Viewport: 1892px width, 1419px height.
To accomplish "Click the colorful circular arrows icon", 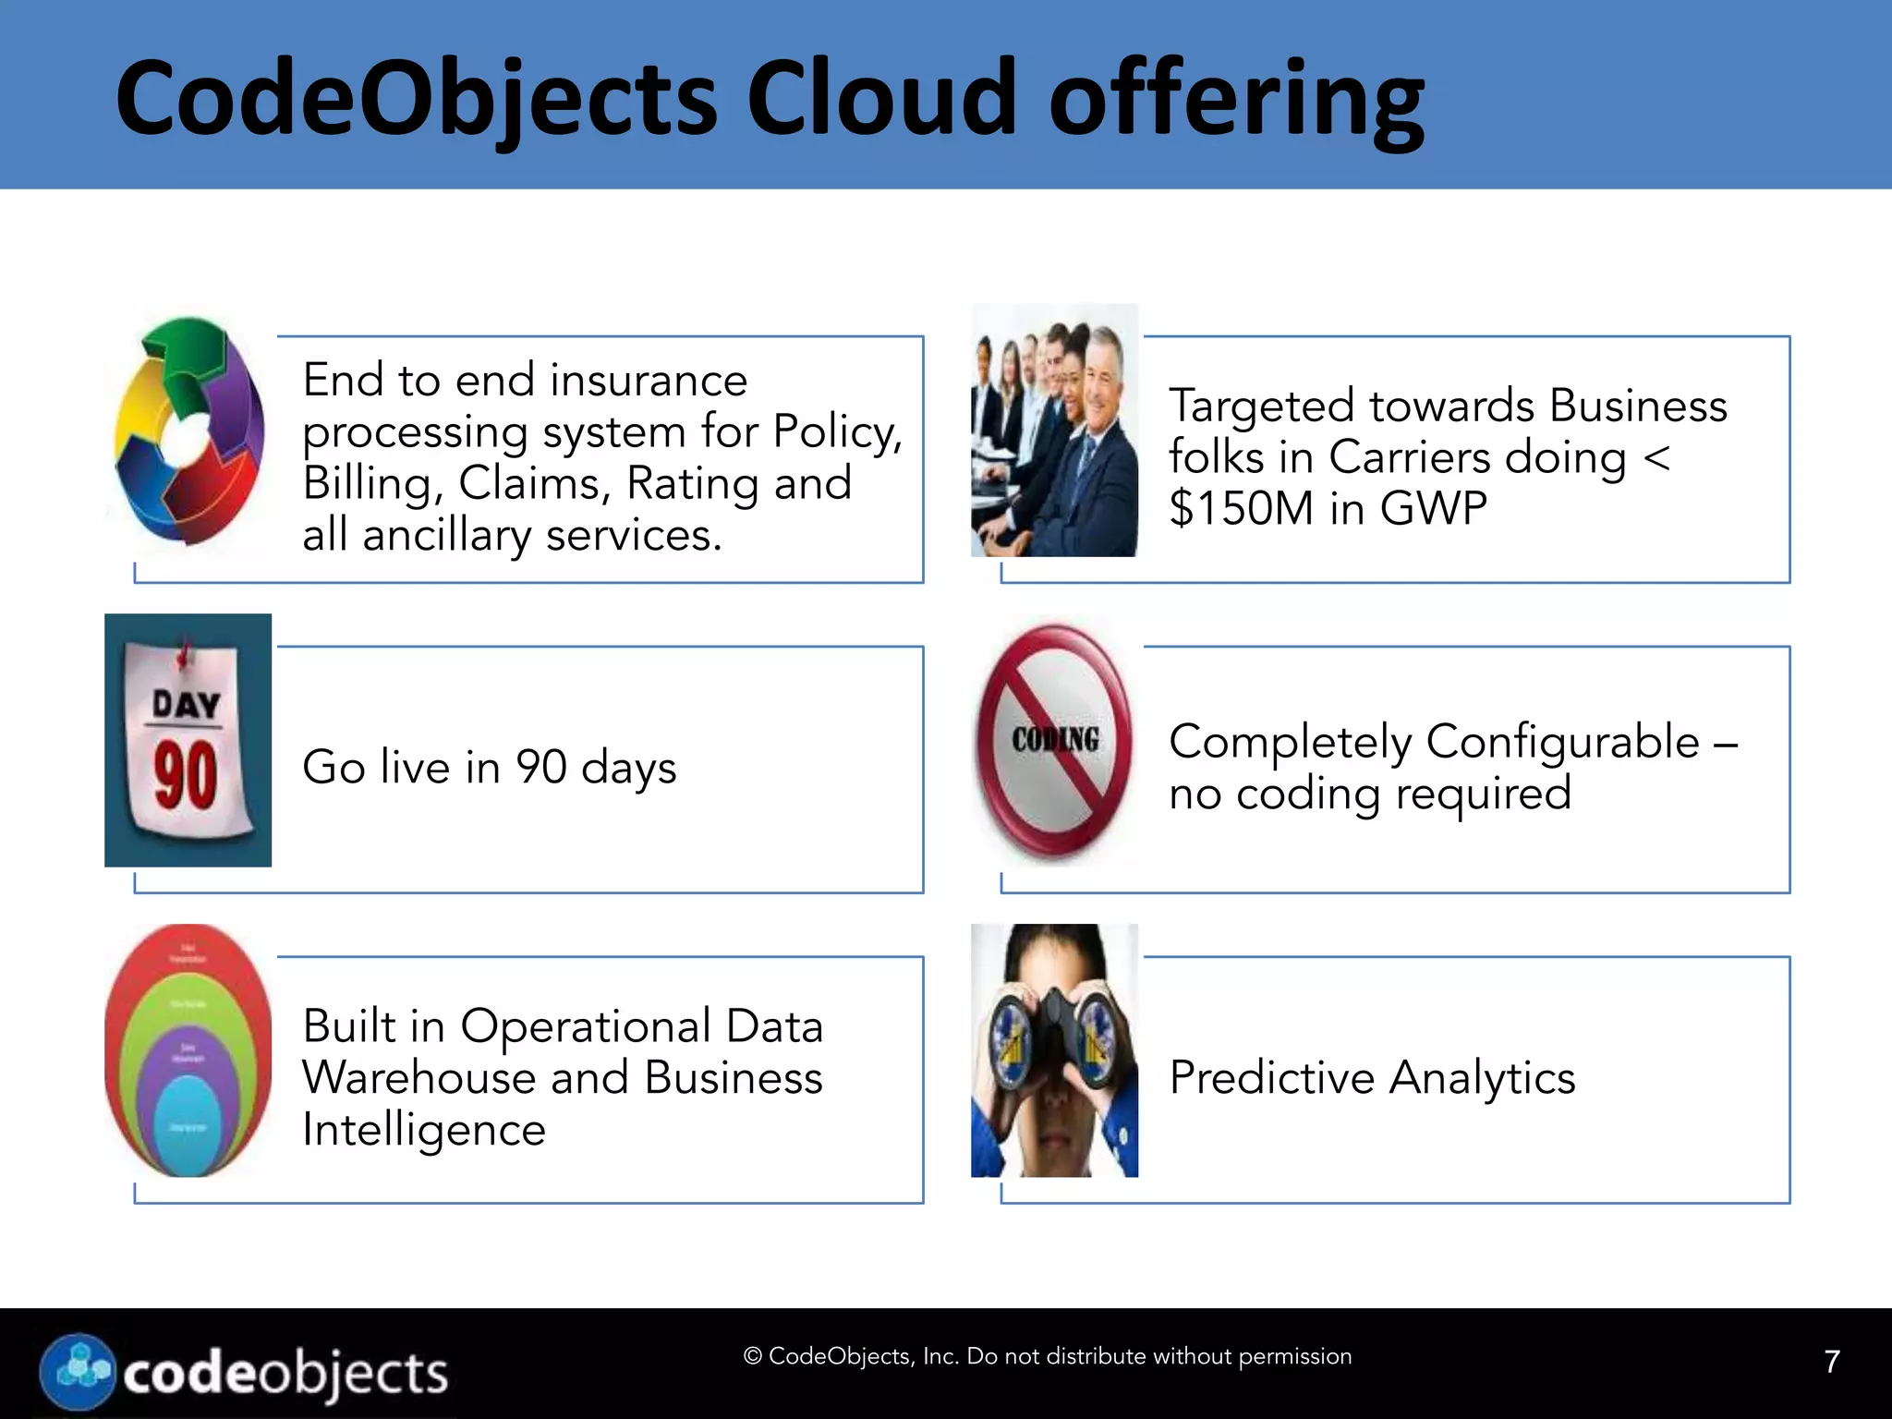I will [189, 431].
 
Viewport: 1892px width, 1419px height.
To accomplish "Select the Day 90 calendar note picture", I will [188, 740].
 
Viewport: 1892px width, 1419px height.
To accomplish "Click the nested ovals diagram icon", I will [188, 1050].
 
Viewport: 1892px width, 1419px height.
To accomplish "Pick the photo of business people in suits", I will [1054, 431].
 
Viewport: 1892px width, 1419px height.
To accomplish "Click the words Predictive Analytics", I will [1372, 1078].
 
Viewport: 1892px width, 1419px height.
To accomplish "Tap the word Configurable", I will [1562, 742].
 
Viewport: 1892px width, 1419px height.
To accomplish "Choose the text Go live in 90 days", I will [489, 768].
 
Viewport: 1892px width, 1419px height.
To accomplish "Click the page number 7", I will [1832, 1361].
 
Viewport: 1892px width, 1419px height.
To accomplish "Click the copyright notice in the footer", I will [1047, 1356].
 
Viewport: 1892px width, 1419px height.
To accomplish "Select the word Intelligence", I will [424, 1130].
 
